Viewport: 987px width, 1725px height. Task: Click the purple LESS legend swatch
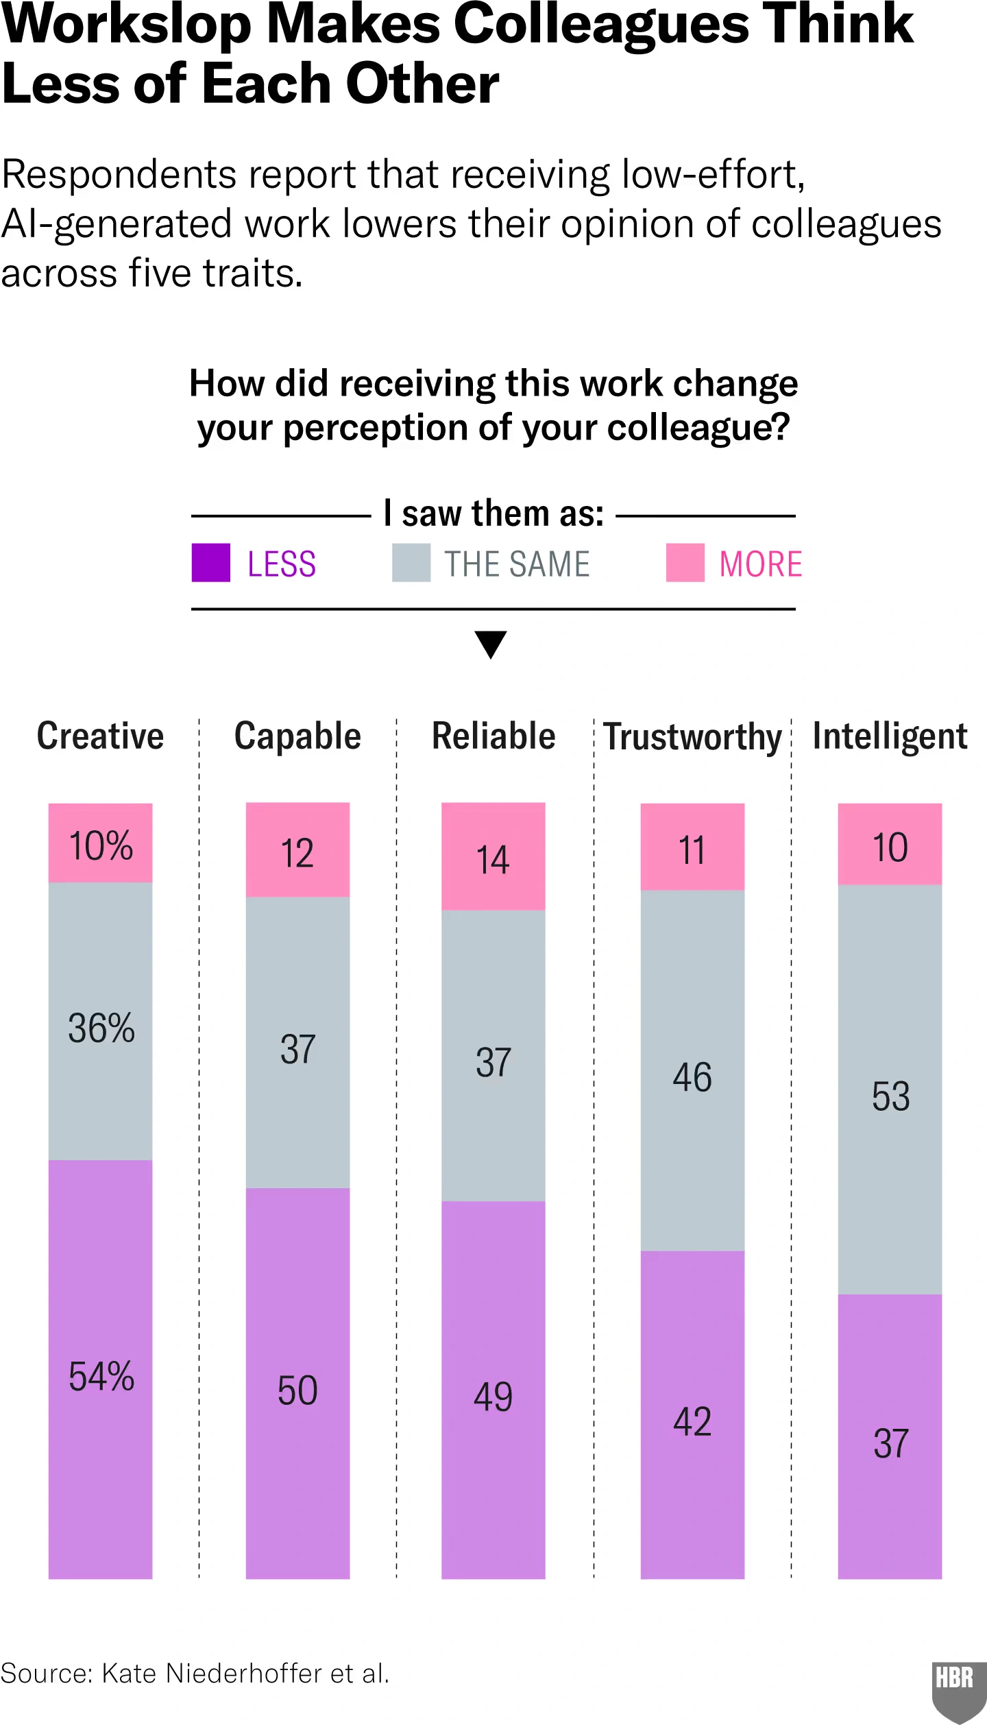pyautogui.click(x=210, y=562)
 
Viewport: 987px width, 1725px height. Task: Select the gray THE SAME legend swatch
pyautogui.click(x=411, y=562)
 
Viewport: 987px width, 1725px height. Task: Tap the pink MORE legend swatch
pyautogui.click(x=685, y=562)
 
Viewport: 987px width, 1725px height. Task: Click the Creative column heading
pyautogui.click(x=100, y=736)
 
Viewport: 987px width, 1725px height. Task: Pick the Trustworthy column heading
pyautogui.click(x=692, y=737)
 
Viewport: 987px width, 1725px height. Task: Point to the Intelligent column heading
pyautogui.click(x=890, y=736)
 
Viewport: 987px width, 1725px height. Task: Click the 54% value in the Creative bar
pyautogui.click(x=101, y=1376)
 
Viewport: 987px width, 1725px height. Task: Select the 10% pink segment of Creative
pyautogui.click(x=101, y=844)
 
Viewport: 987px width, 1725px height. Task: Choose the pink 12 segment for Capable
pyautogui.click(x=297, y=850)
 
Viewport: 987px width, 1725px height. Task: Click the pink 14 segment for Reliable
pyautogui.click(x=493, y=857)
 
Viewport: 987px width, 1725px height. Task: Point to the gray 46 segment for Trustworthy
pyautogui.click(x=692, y=1076)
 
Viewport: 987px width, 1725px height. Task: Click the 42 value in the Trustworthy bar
pyautogui.click(x=692, y=1421)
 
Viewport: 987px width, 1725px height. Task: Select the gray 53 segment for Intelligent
pyautogui.click(x=890, y=1095)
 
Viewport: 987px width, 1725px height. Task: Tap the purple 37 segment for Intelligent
pyautogui.click(x=890, y=1443)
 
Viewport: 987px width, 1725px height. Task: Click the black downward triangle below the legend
pyautogui.click(x=491, y=644)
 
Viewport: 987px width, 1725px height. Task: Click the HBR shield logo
pyautogui.click(x=958, y=1689)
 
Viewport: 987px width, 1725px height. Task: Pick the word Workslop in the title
pyautogui.click(x=127, y=25)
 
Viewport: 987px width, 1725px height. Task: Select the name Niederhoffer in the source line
pyautogui.click(x=244, y=1674)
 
